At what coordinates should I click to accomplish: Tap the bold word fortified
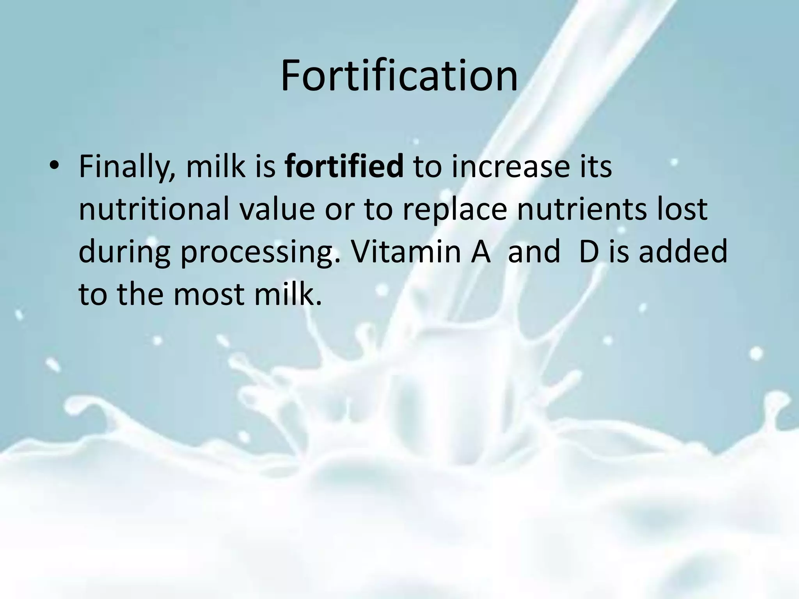click(344, 167)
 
